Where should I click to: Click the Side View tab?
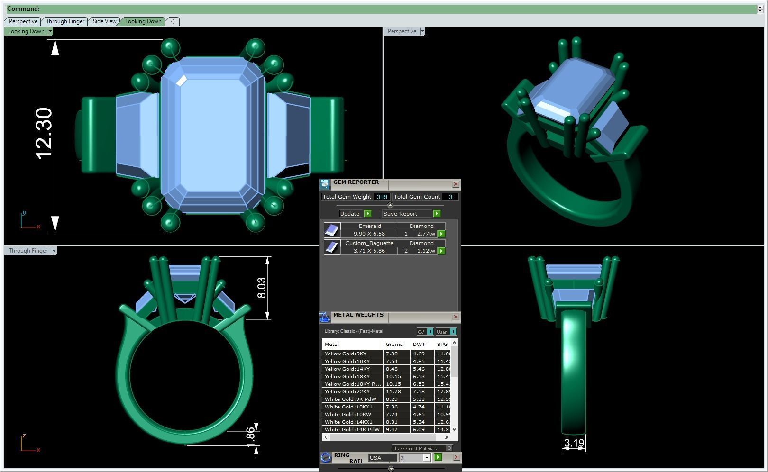click(x=104, y=21)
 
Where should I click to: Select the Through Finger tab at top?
click(x=65, y=21)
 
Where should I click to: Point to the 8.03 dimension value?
click(x=262, y=288)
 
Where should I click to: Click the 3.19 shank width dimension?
click(x=574, y=444)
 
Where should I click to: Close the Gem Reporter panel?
click(x=456, y=184)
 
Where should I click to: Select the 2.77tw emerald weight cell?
click(x=426, y=234)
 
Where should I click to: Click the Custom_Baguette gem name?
click(x=369, y=243)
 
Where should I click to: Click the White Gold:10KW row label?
click(x=347, y=414)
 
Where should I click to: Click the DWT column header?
click(x=419, y=344)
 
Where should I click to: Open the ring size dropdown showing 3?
click(x=426, y=458)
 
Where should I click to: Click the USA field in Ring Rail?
click(x=382, y=458)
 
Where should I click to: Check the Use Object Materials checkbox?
click(x=449, y=448)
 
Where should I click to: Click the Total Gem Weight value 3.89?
click(x=382, y=197)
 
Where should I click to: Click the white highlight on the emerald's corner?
click(x=182, y=81)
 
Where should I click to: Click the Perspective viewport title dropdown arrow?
click(x=422, y=31)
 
